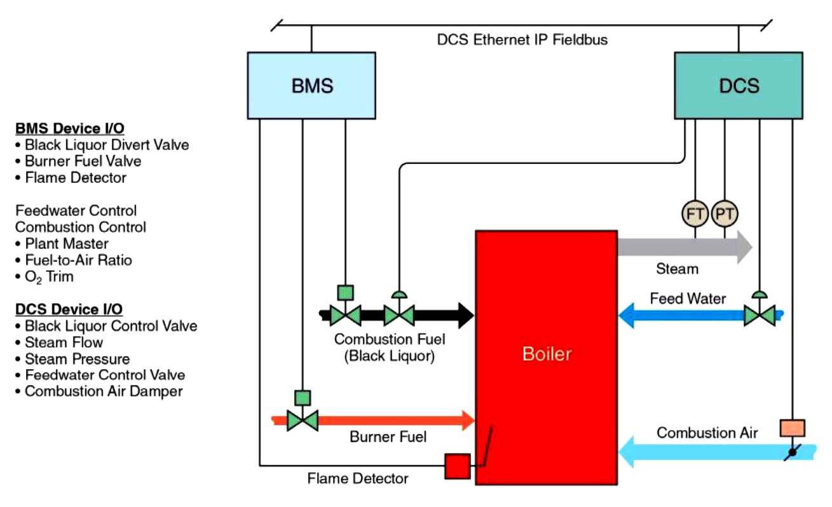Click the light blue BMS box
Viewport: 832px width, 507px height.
click(x=311, y=86)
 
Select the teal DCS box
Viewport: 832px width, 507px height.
click(x=740, y=86)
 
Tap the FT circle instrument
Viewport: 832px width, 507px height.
click(x=695, y=214)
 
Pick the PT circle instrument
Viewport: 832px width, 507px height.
click(x=725, y=214)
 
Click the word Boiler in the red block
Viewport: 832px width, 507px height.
click(x=547, y=354)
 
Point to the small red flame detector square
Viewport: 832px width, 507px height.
click(x=457, y=466)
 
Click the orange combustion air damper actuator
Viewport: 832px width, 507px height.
click(x=792, y=428)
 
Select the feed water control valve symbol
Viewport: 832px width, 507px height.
click(x=760, y=314)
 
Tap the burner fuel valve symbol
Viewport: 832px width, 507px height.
click(x=303, y=420)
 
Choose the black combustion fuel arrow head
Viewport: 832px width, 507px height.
click(x=464, y=314)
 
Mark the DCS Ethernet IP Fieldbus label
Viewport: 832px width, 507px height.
click(x=522, y=40)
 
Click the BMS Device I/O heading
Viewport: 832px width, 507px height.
click(x=70, y=129)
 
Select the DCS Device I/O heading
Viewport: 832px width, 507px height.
click(x=69, y=309)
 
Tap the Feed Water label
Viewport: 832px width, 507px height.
click(x=688, y=298)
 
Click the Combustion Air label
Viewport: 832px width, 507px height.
click(x=707, y=433)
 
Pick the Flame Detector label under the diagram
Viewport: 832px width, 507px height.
click(x=358, y=478)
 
